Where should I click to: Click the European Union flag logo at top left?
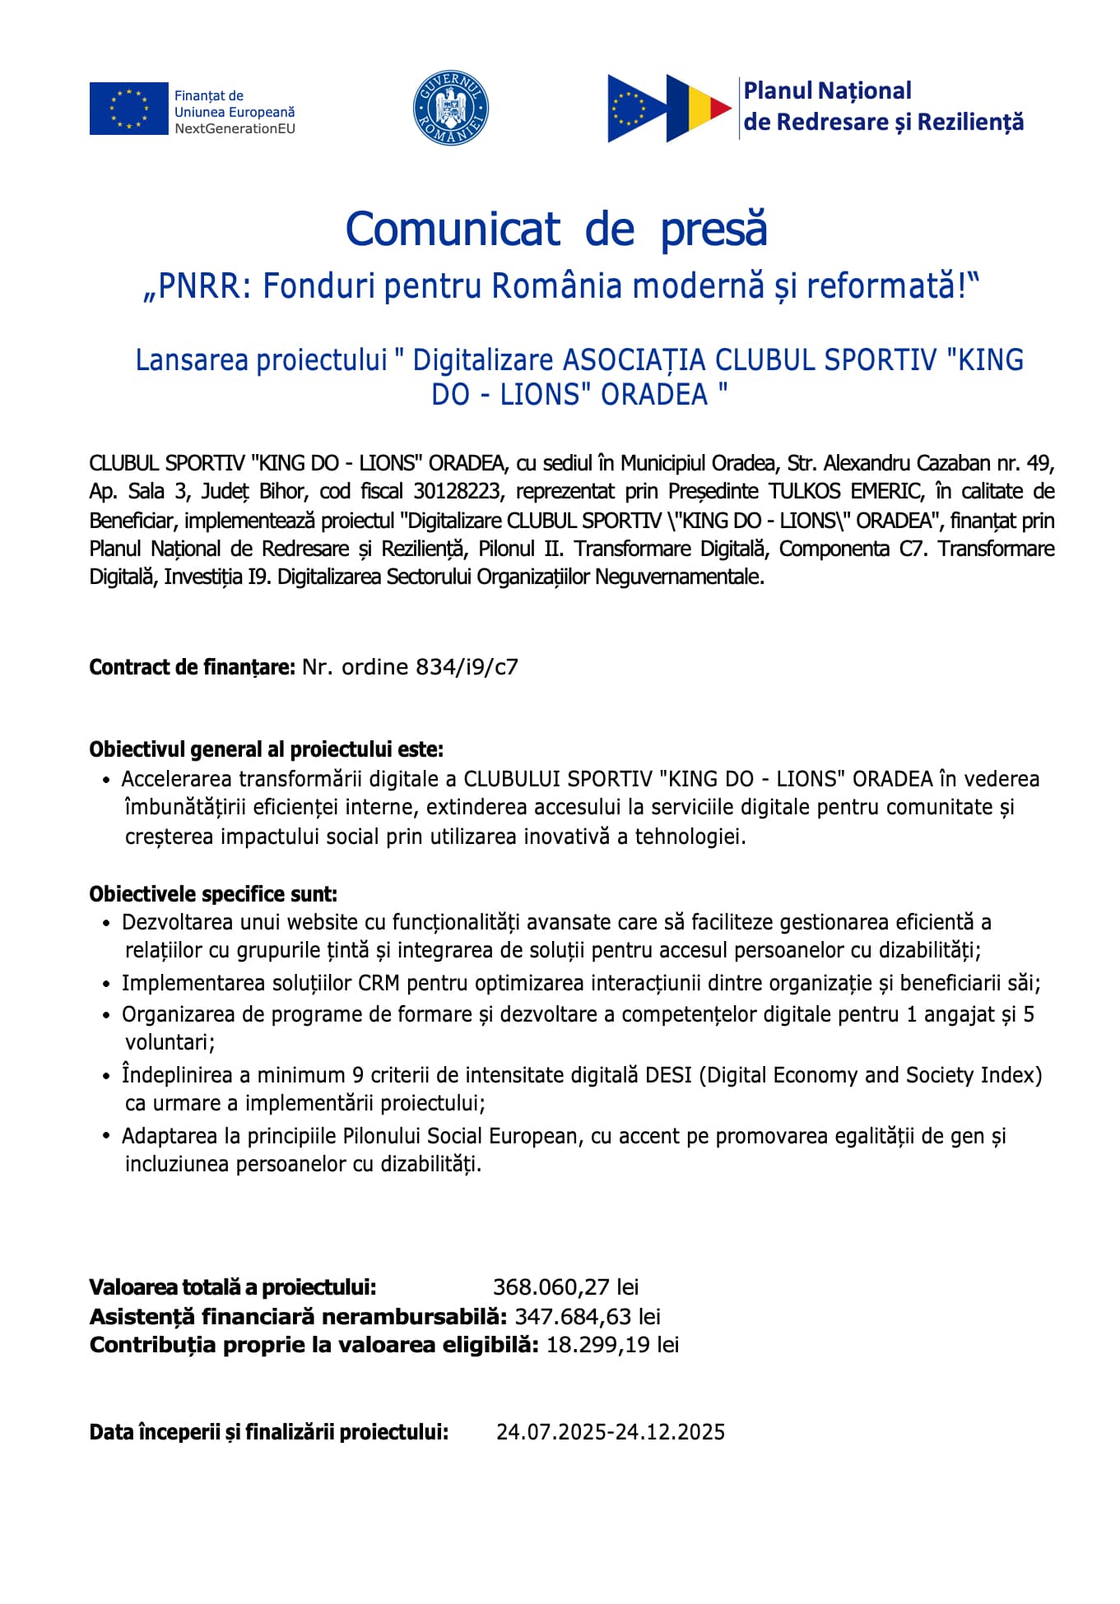click(128, 108)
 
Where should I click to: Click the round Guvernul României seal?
click(450, 108)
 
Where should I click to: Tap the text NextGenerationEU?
click(235, 128)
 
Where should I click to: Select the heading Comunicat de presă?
click(556, 229)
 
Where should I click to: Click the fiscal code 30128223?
click(457, 492)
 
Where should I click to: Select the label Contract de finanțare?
click(192, 667)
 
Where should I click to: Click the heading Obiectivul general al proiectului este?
click(267, 749)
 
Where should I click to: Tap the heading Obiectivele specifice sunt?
click(213, 894)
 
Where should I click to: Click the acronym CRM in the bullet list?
click(379, 983)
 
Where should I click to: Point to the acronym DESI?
click(668, 1075)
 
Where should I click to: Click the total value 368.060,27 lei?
click(565, 1287)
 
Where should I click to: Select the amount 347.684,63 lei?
click(588, 1317)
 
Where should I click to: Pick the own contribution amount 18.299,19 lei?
click(612, 1345)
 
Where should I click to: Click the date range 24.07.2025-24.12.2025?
click(611, 1432)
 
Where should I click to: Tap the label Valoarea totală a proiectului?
click(233, 1287)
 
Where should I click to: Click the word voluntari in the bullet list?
click(170, 1042)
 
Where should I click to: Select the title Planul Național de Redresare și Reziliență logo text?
click(883, 106)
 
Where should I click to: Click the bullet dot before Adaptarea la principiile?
click(106, 1136)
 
